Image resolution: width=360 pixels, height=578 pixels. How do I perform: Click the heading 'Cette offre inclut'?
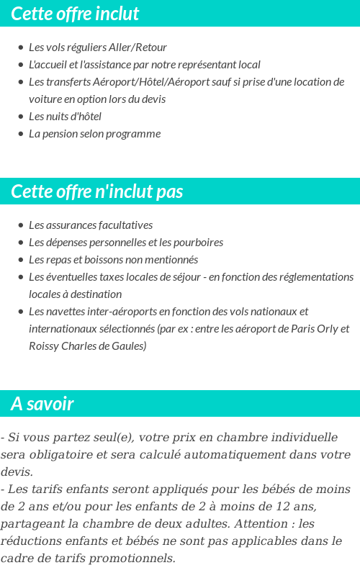click(x=75, y=14)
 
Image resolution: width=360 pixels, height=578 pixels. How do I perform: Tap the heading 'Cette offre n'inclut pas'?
click(x=97, y=191)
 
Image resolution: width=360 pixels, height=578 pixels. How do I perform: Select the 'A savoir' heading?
click(x=42, y=404)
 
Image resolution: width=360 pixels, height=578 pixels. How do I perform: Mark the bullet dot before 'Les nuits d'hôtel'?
click(x=20, y=117)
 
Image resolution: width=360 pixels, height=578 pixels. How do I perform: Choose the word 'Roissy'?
click(x=45, y=346)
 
